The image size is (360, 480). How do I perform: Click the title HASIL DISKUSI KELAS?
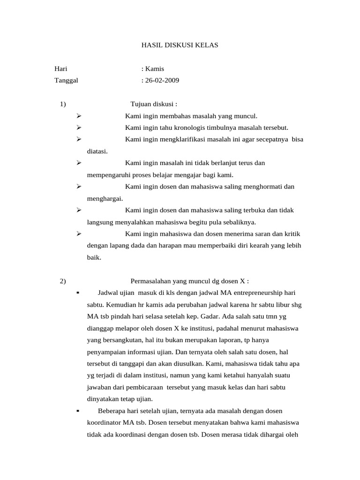pyautogui.click(x=180, y=45)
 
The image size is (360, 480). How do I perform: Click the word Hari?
pyautogui.click(x=61, y=69)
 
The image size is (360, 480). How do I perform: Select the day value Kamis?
pyautogui.click(x=155, y=69)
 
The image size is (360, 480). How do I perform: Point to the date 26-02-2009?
pyautogui.click(x=162, y=80)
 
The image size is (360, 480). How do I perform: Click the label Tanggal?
pyautogui.click(x=66, y=80)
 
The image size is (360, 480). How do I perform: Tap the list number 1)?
pyautogui.click(x=63, y=104)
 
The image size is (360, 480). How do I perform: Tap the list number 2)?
pyautogui.click(x=63, y=281)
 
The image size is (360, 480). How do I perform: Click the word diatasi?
pyautogui.click(x=97, y=151)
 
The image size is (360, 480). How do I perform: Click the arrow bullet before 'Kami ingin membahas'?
pyautogui.click(x=79, y=116)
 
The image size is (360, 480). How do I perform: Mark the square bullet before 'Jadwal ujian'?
pyautogui.click(x=77, y=293)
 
